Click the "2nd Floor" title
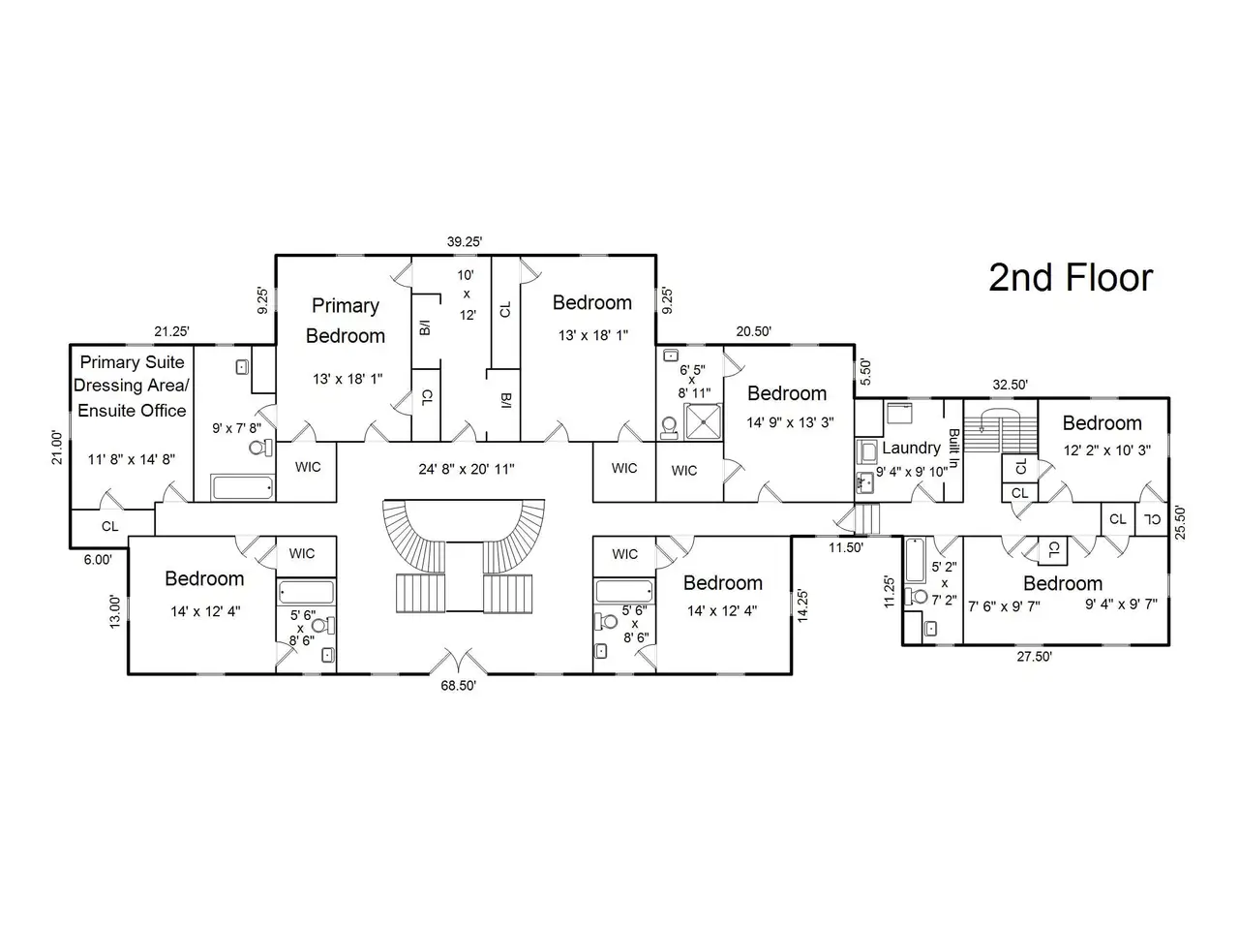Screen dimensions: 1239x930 tap(1071, 278)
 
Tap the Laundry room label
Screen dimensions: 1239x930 tap(911, 448)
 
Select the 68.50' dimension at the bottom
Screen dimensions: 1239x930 tap(459, 686)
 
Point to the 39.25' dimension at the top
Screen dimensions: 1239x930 tap(465, 241)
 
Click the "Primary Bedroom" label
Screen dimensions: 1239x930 tap(346, 321)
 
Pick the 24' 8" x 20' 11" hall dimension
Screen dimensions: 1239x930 tap(467, 469)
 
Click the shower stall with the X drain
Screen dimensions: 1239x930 tap(703, 421)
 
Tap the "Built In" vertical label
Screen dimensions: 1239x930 tap(953, 448)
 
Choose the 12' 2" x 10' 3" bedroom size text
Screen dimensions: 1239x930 tap(1107, 450)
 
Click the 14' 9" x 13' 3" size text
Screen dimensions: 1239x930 tap(790, 422)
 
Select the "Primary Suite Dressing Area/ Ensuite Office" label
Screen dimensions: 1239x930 tap(132, 387)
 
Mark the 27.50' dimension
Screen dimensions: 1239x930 tap(1034, 657)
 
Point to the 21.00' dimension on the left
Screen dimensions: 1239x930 tap(57, 448)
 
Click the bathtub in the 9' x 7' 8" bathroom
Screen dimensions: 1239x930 tap(243, 487)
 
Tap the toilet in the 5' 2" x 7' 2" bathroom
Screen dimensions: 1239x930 tap(916, 597)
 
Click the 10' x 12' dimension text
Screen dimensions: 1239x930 tap(467, 294)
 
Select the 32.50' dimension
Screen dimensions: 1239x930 tap(1010, 385)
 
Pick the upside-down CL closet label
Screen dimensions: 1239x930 tap(1152, 519)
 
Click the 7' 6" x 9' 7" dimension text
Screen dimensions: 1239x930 tap(1004, 606)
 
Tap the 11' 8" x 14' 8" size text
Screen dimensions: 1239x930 tap(132, 459)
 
